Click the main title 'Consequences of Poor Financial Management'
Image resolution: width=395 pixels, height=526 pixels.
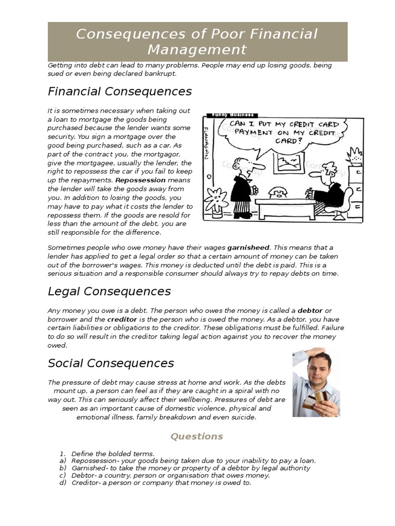click(197, 42)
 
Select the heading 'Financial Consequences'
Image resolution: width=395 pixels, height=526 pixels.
click(119, 91)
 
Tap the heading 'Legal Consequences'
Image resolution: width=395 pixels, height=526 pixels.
click(109, 291)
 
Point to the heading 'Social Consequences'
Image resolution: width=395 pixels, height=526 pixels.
click(111, 363)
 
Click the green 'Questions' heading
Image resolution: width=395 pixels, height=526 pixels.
click(197, 436)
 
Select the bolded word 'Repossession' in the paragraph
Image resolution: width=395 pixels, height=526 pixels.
click(140, 180)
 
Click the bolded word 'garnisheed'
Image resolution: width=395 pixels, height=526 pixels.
click(248, 248)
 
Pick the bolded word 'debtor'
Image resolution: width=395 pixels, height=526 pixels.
click(310, 311)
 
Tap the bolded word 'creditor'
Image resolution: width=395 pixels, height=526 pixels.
click(122, 320)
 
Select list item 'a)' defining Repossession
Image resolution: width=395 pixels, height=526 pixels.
click(188, 461)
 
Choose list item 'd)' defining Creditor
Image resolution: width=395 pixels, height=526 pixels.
click(155, 483)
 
